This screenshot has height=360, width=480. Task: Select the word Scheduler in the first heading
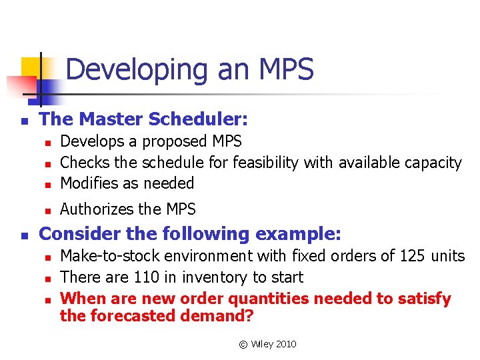[205, 120]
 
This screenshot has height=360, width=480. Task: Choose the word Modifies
[89, 183]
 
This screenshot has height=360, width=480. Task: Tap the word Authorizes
[95, 209]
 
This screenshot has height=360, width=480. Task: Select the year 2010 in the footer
[285, 344]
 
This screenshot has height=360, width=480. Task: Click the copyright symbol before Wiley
[243, 344]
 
